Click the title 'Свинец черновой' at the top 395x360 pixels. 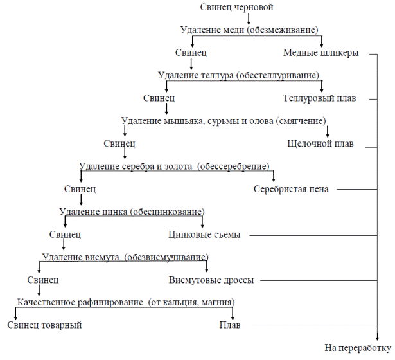[236, 7]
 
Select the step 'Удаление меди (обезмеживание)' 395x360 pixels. [249, 30]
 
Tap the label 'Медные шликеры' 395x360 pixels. [320, 53]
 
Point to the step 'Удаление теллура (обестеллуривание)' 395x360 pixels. [238, 75]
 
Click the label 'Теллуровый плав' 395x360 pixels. [319, 98]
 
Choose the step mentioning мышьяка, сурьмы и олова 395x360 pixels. [224, 121]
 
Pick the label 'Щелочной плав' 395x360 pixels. [320, 143]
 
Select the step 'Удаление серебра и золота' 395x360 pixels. [174, 166]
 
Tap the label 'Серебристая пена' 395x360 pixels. [291, 189]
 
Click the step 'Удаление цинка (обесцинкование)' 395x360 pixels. [132, 212]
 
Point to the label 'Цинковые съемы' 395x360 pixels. [204, 235]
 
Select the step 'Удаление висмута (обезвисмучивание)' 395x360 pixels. [125, 257]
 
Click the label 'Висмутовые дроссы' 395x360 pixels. [211, 280]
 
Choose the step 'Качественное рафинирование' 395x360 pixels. [126, 302]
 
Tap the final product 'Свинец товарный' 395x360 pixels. [44, 325]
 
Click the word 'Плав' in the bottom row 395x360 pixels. [230, 325]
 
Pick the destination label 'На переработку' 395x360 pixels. [358, 348]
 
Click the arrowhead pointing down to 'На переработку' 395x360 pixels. [377, 337]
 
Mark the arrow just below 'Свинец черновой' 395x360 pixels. [249, 19]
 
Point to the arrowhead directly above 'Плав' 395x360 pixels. [233, 317]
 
